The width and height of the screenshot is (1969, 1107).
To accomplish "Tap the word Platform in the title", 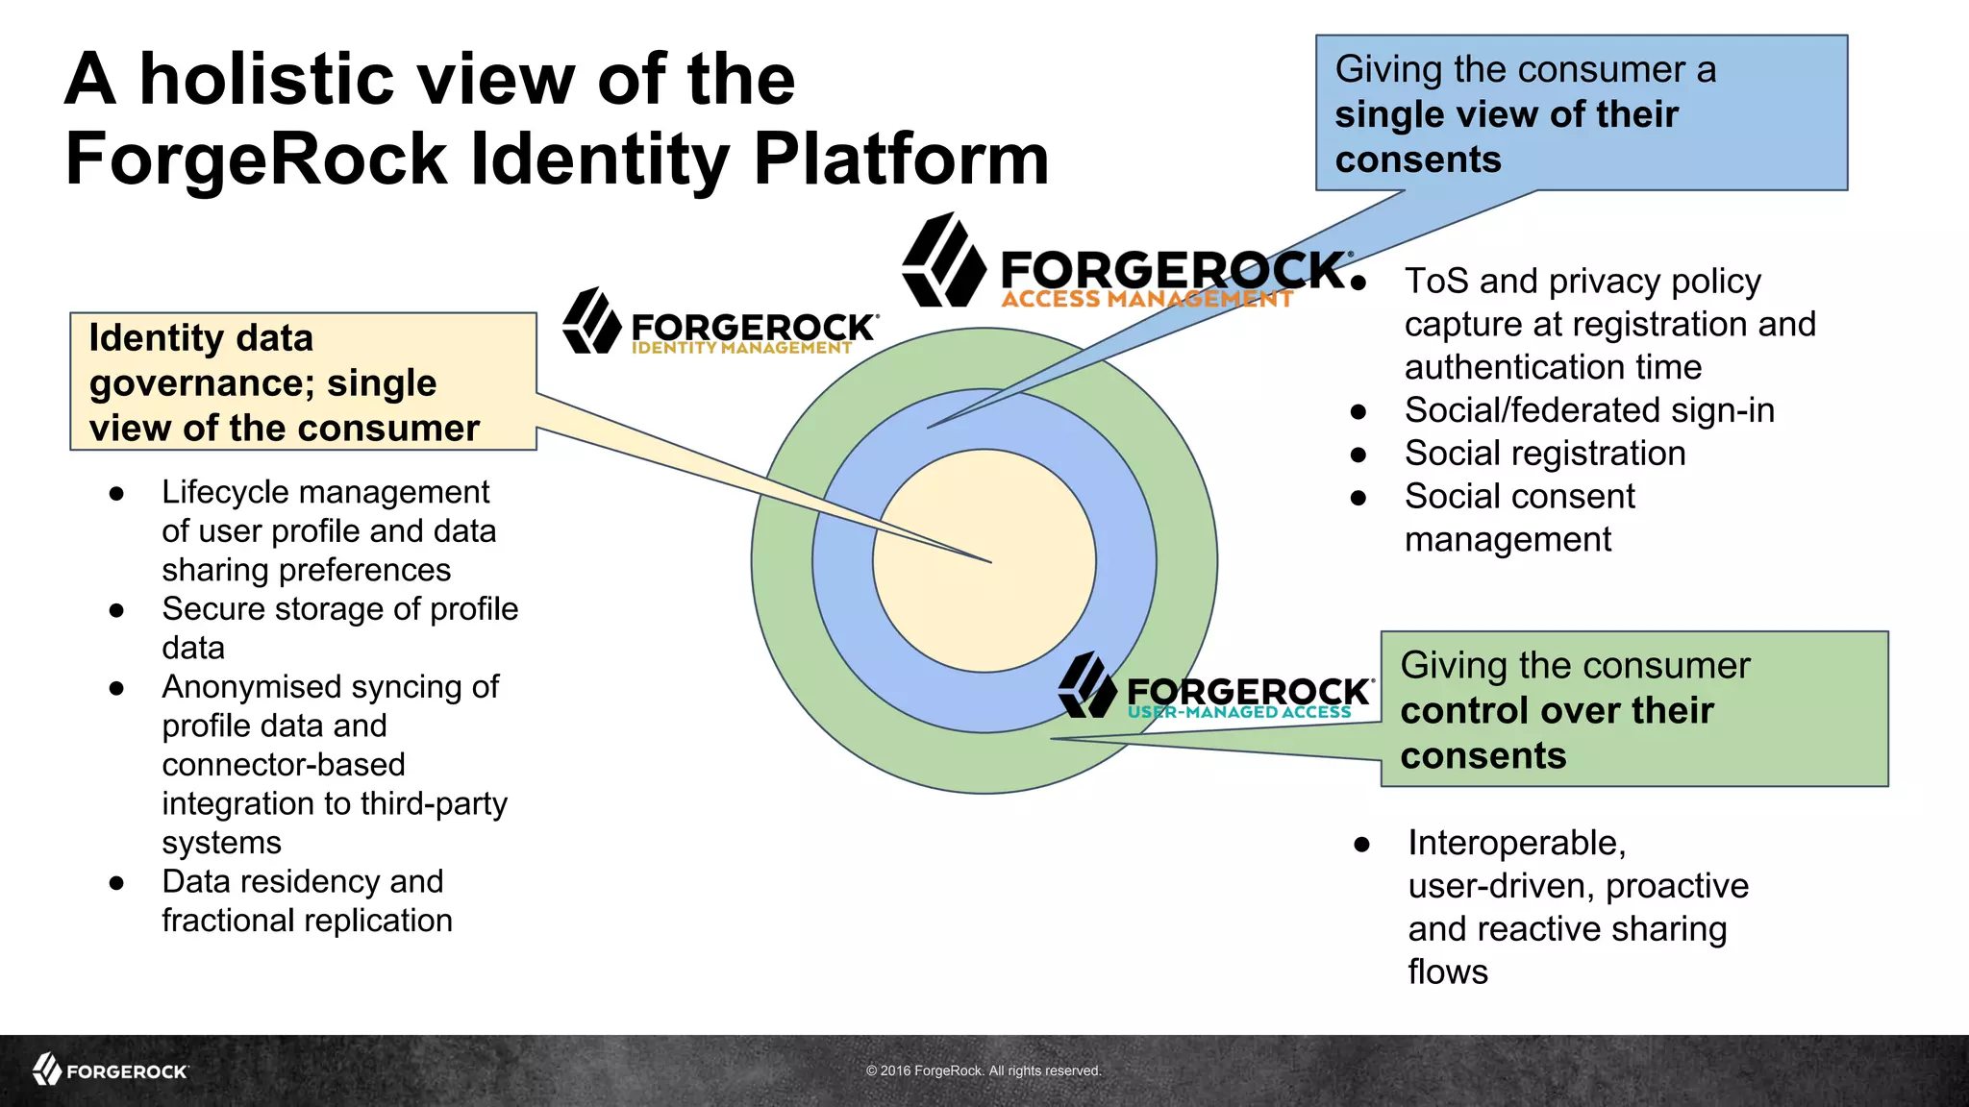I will coord(901,159).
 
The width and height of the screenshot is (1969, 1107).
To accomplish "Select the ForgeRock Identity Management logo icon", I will coord(591,321).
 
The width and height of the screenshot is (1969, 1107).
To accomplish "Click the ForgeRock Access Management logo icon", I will coord(943,260).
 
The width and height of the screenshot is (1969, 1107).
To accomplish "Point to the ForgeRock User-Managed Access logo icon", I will coord(1086,685).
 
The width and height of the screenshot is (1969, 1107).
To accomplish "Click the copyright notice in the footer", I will coord(984,1070).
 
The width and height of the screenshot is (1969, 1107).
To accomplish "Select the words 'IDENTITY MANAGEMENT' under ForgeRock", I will coord(741,348).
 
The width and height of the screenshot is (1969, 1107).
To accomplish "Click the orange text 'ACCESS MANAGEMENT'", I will coord(1146,299).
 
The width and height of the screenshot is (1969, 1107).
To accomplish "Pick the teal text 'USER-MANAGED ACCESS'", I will coord(1239,712).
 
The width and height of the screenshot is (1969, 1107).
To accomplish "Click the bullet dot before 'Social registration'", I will coord(1358,455).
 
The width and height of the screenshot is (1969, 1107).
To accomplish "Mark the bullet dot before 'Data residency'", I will coord(116,883).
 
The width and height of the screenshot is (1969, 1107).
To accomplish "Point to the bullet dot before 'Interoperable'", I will coord(1361,845).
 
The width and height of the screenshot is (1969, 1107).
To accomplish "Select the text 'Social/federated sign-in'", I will coord(1589,410).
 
